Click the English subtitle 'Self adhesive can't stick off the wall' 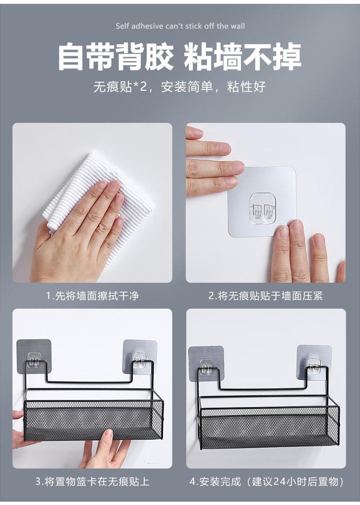[x=180, y=26]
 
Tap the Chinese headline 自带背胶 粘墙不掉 [x=180, y=57]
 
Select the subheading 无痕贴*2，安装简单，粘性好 [x=180, y=87]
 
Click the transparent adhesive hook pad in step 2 [x=262, y=202]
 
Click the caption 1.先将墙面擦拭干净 [x=92, y=296]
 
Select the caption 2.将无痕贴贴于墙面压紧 [x=265, y=296]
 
